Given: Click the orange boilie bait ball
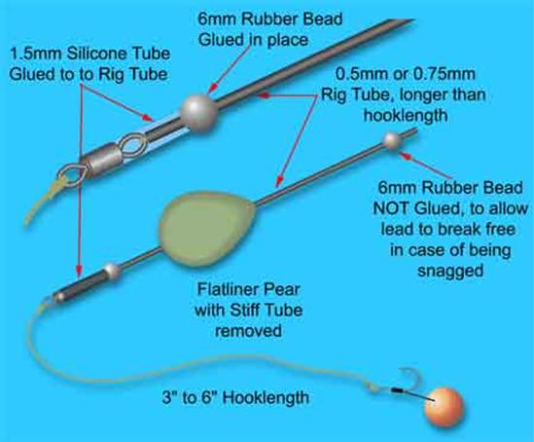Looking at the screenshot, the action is [445, 406].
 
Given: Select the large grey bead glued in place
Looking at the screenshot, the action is [198, 110].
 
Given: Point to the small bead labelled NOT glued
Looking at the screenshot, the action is [393, 140].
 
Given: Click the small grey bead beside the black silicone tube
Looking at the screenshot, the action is [112, 271].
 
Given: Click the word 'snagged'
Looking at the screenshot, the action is [450, 271].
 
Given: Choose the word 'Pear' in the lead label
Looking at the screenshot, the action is [285, 290].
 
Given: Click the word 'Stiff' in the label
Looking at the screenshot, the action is [243, 311].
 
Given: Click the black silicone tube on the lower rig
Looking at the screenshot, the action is [80, 284].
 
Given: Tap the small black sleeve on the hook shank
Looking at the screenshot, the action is [395, 389].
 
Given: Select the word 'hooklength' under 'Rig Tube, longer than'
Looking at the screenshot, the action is [406, 116].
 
